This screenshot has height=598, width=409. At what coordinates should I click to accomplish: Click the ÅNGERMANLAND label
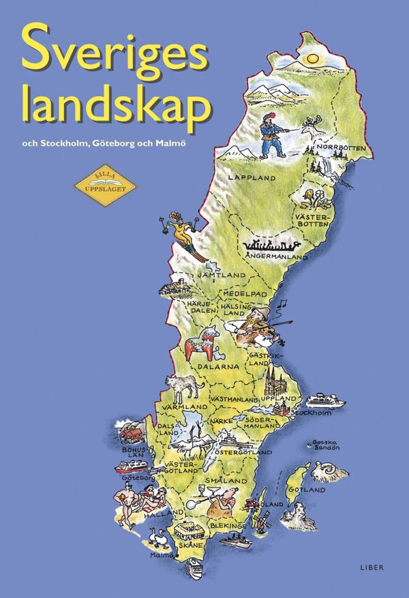(273, 256)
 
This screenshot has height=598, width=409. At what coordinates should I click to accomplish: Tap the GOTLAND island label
(307, 490)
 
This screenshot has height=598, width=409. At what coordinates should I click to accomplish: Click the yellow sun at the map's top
(312, 59)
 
